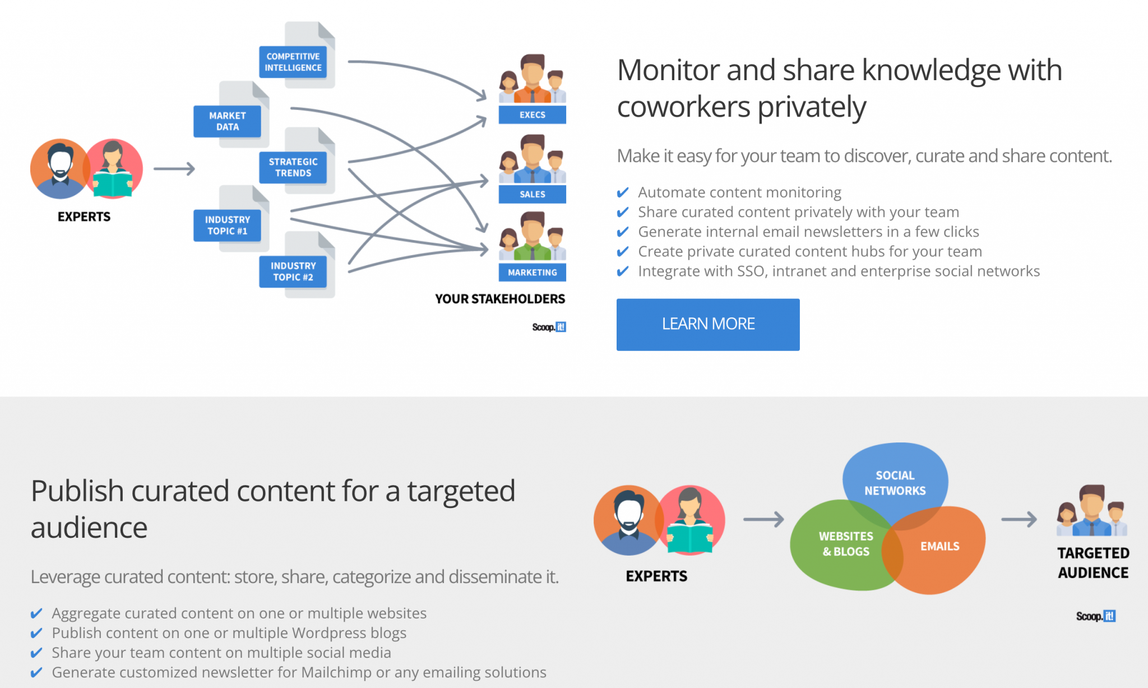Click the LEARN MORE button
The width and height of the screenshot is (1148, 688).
[x=708, y=324]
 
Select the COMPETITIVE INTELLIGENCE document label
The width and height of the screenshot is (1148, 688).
[x=293, y=62]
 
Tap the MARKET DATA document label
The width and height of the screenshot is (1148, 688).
[x=227, y=121]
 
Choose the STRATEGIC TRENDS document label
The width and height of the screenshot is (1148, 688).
[x=293, y=167]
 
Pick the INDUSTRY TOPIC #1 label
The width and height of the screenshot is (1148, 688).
[x=227, y=225]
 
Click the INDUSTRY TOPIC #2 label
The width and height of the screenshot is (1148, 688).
[x=293, y=271]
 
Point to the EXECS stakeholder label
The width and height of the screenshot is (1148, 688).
[x=532, y=115]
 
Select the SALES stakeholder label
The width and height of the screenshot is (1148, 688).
[x=532, y=194]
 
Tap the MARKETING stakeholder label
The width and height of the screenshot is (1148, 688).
[x=532, y=273]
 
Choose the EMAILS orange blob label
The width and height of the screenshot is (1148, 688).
[x=939, y=546]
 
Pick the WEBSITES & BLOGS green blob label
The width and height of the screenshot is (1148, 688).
[x=845, y=544]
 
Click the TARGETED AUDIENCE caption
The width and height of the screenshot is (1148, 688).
[x=1093, y=562]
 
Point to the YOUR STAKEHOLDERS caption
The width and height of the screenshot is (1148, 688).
[x=500, y=299]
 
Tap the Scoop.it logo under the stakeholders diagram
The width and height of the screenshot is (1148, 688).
[x=549, y=327]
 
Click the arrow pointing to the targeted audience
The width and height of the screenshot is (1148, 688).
[x=1019, y=519]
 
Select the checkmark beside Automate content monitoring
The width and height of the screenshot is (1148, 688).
[x=622, y=193]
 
